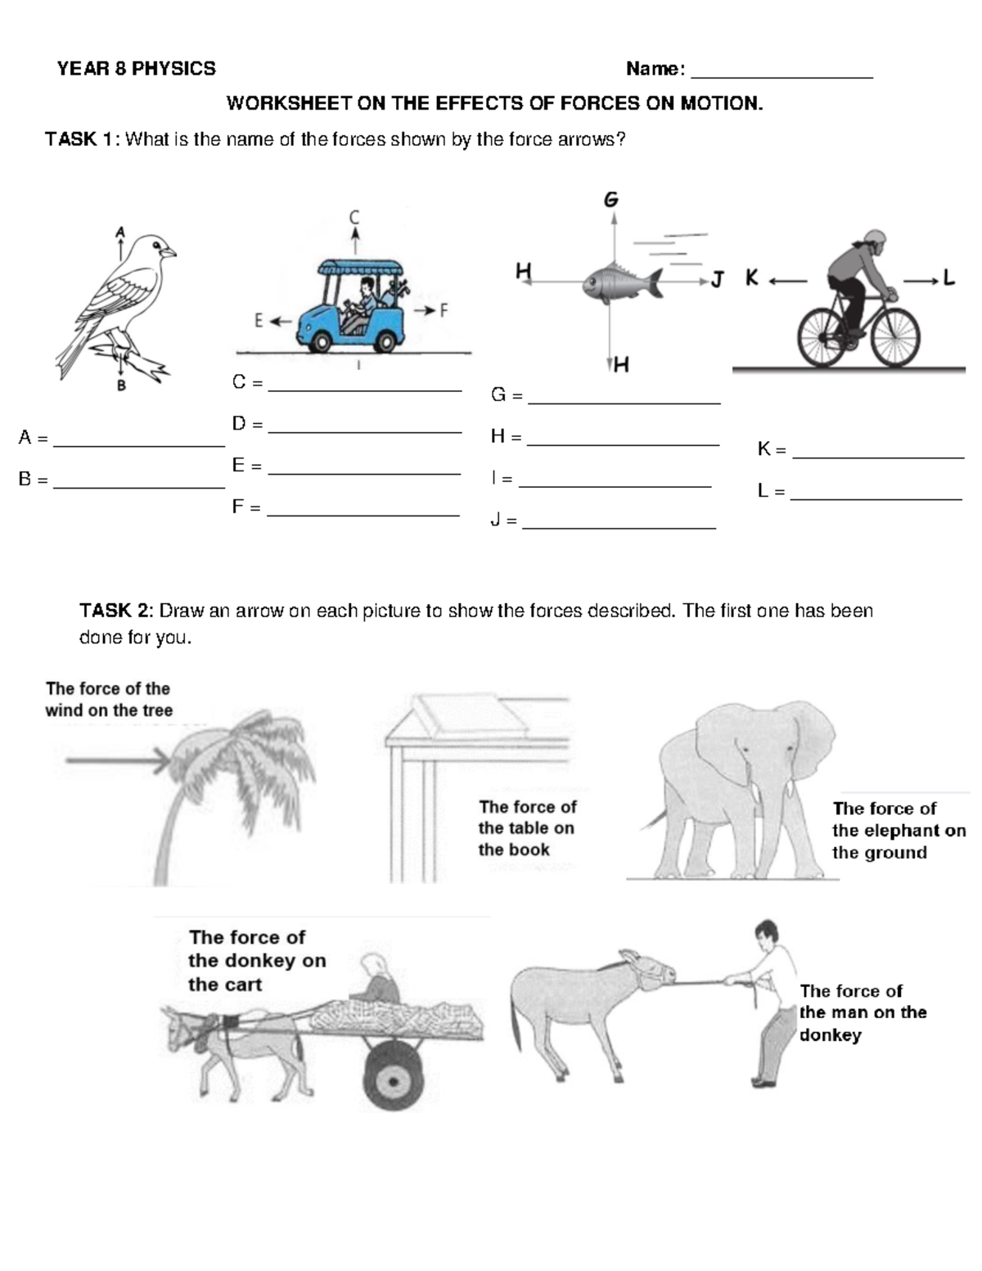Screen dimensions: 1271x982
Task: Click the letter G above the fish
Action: [x=611, y=200]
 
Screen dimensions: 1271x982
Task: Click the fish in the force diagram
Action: [x=622, y=282]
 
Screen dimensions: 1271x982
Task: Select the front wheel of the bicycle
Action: [x=894, y=338]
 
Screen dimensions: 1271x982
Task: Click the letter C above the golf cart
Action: [x=354, y=218]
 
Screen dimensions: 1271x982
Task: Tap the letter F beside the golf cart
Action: [x=444, y=311]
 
